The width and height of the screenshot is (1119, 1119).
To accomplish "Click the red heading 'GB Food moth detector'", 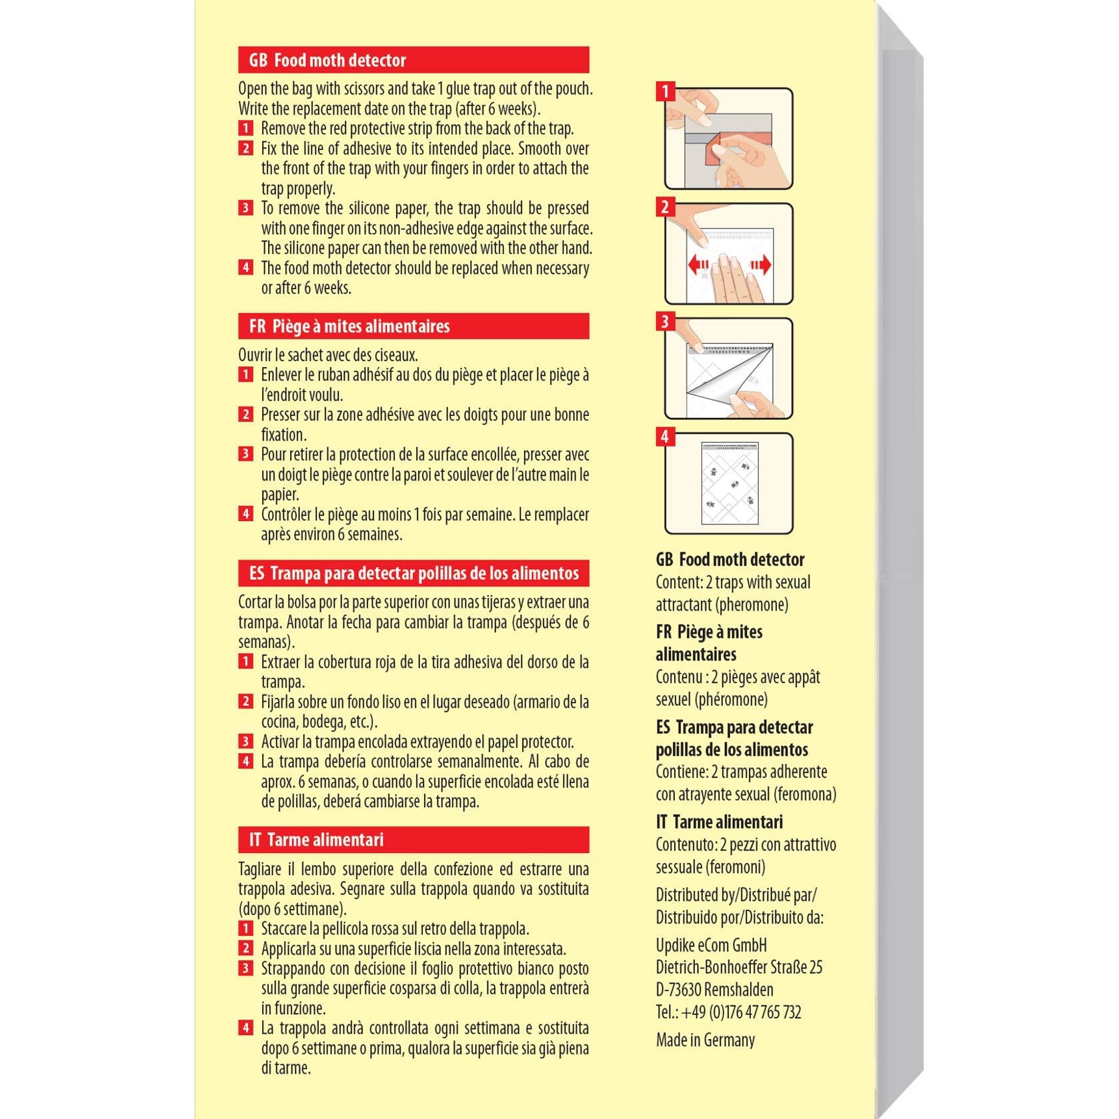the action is click(413, 60).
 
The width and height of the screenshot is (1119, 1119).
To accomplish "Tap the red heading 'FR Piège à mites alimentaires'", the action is click(413, 326).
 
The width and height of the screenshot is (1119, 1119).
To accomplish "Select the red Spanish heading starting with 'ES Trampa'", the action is click(413, 573).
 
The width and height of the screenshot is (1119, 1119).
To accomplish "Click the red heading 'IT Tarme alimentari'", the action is click(413, 840).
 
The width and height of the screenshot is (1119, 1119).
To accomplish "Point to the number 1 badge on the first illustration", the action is click(665, 91).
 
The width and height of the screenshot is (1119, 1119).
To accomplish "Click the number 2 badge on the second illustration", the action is click(665, 207).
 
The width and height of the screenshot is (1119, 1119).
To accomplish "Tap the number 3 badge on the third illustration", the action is click(665, 322).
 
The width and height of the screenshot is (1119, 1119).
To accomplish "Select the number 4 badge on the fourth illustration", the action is click(665, 437).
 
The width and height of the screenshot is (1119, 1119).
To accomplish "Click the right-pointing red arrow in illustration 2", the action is click(761, 265).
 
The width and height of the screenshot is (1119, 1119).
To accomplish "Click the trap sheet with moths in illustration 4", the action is click(730, 483).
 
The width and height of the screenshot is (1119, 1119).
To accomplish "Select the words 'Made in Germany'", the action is click(705, 1040).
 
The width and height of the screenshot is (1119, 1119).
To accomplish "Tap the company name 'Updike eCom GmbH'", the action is click(711, 945).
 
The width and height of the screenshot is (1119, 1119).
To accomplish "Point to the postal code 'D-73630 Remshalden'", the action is click(714, 990).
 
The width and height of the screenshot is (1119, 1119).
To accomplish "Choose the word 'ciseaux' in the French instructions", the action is click(395, 355).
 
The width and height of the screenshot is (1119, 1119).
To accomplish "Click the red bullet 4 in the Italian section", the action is click(245, 1028).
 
